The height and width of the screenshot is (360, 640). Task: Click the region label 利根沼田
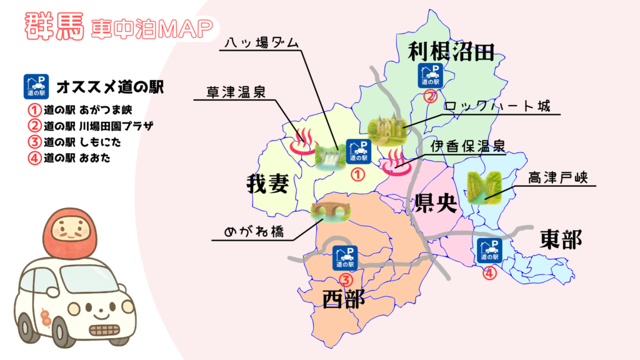451,52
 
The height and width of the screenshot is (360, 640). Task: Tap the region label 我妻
267,184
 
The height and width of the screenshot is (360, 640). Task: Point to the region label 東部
561,238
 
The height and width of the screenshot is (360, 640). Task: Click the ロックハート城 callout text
497,106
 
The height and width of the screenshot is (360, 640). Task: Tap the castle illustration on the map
385,129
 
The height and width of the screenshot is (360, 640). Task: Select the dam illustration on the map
329,157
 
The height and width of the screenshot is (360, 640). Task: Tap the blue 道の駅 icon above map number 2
430,75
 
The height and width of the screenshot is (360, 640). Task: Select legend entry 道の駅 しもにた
74,142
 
